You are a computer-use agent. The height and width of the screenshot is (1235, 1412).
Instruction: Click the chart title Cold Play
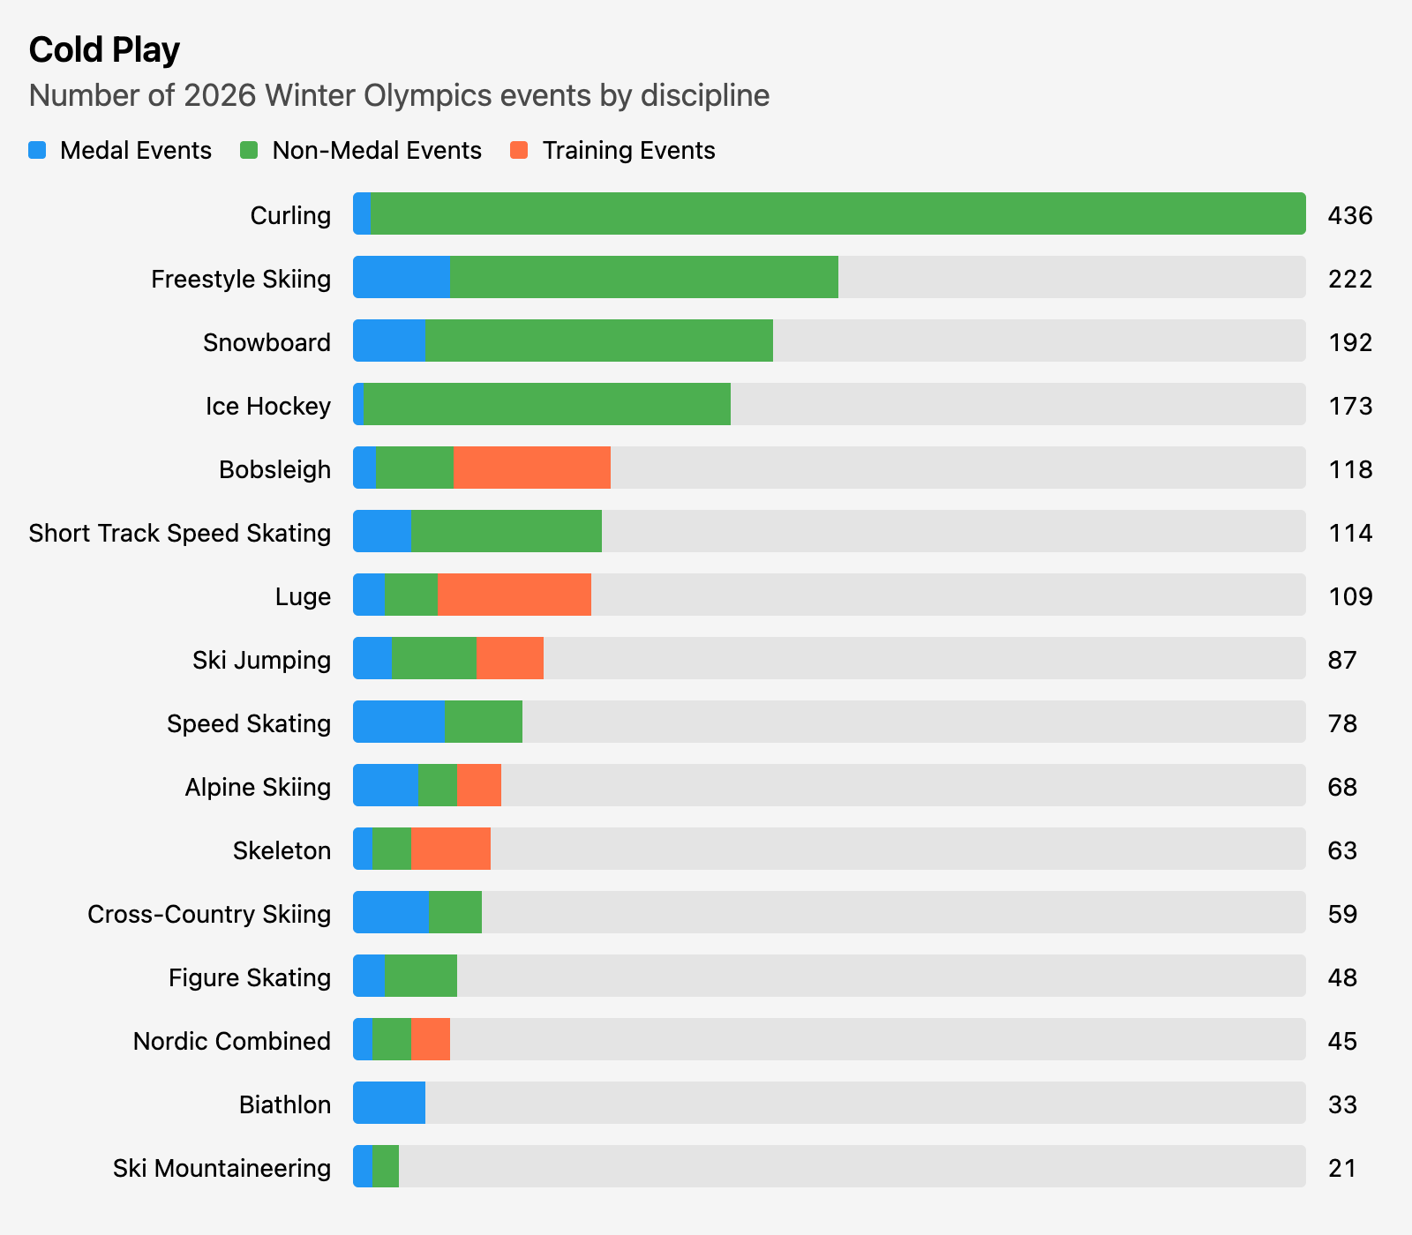(104, 50)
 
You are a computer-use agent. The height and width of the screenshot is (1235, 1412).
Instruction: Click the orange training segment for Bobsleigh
(531, 468)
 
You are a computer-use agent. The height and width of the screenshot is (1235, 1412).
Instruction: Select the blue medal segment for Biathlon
(389, 1103)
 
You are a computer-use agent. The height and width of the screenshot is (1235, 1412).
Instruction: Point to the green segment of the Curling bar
(837, 213)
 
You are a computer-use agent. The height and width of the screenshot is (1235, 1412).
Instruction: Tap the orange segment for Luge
(514, 595)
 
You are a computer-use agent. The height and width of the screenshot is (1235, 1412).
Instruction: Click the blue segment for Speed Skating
(399, 722)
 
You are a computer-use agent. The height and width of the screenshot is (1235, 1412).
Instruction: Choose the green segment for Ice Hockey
(547, 404)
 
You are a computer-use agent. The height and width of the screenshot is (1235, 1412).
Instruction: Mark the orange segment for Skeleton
(450, 849)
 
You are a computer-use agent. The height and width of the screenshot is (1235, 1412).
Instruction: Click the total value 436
(1349, 215)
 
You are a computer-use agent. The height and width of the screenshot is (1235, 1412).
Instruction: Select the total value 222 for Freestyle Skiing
(1349, 279)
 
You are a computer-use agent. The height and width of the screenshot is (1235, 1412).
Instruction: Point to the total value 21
(1341, 1168)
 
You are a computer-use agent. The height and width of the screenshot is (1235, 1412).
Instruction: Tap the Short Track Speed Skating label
(180, 533)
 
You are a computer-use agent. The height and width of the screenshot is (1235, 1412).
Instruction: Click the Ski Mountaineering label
(222, 1168)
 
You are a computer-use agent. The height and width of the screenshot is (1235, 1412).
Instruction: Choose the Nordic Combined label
(232, 1041)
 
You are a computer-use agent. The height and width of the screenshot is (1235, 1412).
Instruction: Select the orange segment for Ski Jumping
(509, 658)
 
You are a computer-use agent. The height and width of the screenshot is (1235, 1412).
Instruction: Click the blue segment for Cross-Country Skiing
(391, 912)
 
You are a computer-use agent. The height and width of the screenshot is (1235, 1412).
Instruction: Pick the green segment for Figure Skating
(420, 976)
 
